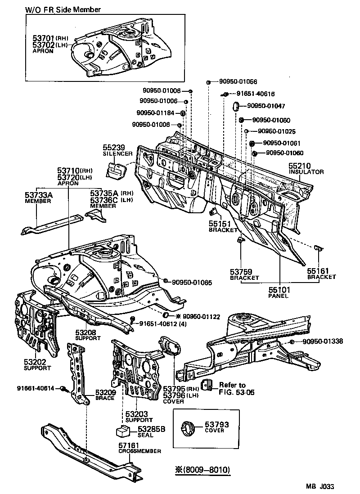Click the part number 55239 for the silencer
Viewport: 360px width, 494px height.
114,148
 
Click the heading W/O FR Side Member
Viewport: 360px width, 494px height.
63,9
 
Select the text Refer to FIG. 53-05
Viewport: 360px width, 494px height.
232,389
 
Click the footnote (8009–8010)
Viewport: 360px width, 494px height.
203,470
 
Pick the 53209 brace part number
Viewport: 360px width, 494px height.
106,392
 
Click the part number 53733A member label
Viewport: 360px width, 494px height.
39,194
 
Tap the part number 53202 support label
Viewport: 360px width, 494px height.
34,362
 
